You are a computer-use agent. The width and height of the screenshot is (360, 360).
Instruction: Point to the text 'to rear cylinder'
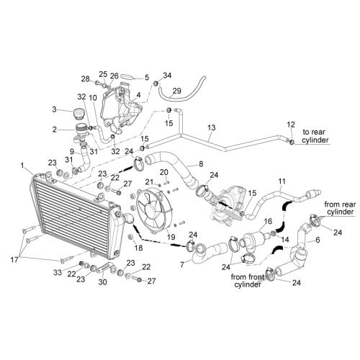click(x=316, y=137)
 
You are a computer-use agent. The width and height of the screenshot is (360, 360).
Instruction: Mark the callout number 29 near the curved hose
click(x=177, y=90)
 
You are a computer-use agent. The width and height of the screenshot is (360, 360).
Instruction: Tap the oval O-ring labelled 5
click(x=128, y=77)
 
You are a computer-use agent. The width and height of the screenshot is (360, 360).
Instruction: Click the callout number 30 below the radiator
click(x=102, y=282)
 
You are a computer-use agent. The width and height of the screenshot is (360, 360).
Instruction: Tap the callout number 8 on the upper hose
click(x=200, y=164)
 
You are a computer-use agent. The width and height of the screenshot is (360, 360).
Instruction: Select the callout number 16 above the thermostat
click(x=267, y=222)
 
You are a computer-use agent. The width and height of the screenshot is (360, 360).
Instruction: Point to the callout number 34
click(x=168, y=76)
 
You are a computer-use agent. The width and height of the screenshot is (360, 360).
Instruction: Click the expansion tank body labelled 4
click(x=115, y=108)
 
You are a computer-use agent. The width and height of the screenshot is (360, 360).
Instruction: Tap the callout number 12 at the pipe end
click(x=291, y=125)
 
